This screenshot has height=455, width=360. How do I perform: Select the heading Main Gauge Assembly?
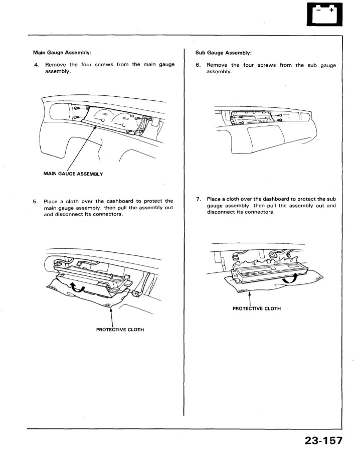tap(62, 52)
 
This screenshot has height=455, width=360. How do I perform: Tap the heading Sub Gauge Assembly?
tap(223, 52)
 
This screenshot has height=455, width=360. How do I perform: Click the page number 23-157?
tap(323, 441)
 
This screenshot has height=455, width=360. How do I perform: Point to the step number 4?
tap(36, 65)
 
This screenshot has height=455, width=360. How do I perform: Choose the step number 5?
tap(36, 201)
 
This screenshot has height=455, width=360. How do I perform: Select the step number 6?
tap(198, 65)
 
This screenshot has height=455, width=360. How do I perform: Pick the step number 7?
tap(198, 199)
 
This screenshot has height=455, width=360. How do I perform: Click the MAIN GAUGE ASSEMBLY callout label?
tap(73, 174)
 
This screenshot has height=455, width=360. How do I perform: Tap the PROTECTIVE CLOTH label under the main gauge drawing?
tap(120, 330)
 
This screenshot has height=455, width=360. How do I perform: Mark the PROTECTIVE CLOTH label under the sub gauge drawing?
tap(257, 309)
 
